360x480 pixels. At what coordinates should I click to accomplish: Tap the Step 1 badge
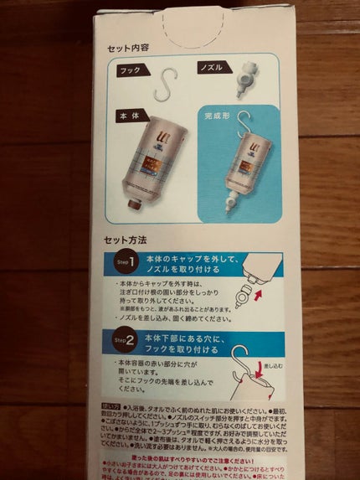pyautogui.click(x=127, y=264)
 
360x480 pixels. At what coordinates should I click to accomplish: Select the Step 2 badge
pyautogui.click(x=127, y=341)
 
